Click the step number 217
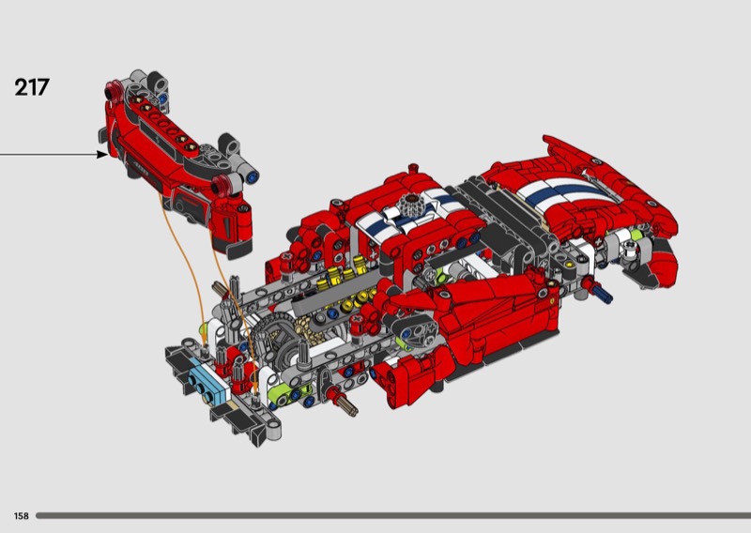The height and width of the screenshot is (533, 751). coord(32,87)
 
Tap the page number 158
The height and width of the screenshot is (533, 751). coord(21,516)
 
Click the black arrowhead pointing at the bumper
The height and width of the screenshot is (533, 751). coord(102,154)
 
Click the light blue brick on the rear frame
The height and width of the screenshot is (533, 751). coord(207,384)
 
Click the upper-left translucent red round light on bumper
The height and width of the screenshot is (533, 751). coord(113,90)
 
